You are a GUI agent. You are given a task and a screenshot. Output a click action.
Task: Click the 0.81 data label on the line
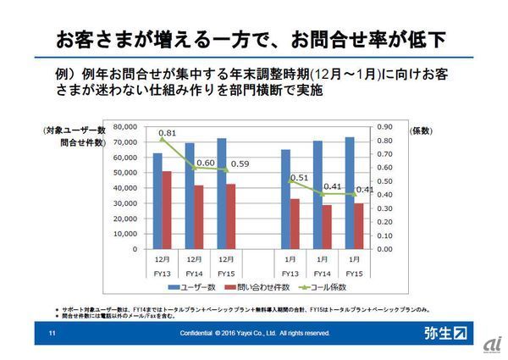[x=167, y=133]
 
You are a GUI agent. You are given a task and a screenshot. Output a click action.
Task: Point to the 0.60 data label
[x=206, y=163]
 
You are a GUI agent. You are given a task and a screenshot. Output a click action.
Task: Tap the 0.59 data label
[x=240, y=163]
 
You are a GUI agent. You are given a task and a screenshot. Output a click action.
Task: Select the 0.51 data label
[x=298, y=178]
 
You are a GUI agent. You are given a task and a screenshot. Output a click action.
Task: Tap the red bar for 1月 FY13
[x=295, y=224]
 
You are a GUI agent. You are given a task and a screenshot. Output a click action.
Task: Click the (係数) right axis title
[x=421, y=130]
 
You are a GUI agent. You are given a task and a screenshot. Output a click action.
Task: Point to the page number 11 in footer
[x=52, y=333]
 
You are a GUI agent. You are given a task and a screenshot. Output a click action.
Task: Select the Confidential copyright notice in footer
[x=255, y=333]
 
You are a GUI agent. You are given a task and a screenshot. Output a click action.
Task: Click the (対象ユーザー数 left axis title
[x=75, y=130]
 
